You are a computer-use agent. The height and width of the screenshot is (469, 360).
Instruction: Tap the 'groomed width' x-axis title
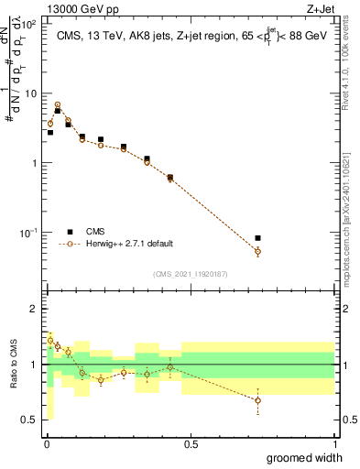tap(306, 457)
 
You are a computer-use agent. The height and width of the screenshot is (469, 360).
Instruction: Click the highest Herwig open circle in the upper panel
tap(58, 105)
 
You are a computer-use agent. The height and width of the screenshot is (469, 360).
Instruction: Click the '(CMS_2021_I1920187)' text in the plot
tap(191, 274)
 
